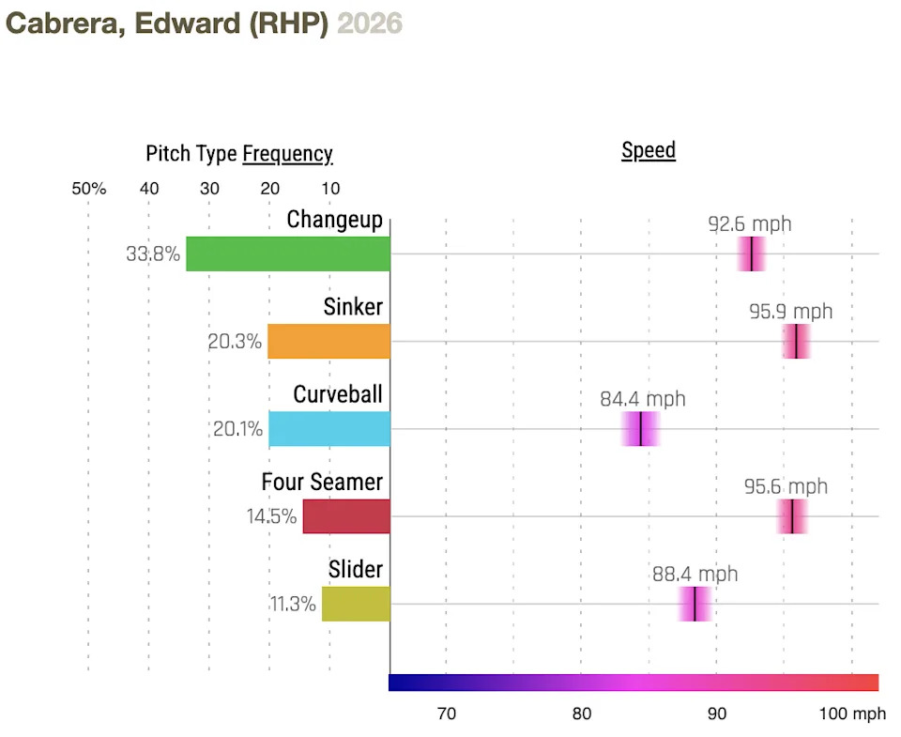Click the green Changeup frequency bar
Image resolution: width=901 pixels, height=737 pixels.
(x=288, y=253)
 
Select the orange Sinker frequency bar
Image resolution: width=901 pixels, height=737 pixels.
(x=328, y=342)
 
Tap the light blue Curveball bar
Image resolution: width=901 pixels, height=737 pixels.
(x=329, y=429)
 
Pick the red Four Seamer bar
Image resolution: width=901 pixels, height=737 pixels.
(x=346, y=516)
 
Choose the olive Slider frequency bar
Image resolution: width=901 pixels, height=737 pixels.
(x=356, y=604)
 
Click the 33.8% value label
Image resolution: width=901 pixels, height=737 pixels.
(x=153, y=253)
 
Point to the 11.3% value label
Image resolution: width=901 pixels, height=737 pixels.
(x=293, y=604)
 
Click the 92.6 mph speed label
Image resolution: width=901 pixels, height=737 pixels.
(x=749, y=223)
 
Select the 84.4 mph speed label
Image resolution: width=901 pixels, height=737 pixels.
(x=642, y=398)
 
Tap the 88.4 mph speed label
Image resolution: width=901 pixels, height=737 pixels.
(x=695, y=574)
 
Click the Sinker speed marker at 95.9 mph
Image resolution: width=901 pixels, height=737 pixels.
(x=796, y=342)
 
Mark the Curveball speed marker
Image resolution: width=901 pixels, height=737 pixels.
(x=641, y=429)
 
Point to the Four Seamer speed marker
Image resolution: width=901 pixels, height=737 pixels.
(x=792, y=516)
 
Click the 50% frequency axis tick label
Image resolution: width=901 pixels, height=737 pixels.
(x=88, y=189)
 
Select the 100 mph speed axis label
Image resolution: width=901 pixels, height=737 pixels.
(x=852, y=714)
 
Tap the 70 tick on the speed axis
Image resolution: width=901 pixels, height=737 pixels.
(x=447, y=714)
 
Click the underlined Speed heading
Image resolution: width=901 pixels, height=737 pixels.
(x=649, y=150)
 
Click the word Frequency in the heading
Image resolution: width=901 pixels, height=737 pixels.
(x=287, y=154)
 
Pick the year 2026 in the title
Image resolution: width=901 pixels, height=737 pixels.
(x=370, y=23)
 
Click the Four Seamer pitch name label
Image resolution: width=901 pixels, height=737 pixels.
(x=322, y=482)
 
